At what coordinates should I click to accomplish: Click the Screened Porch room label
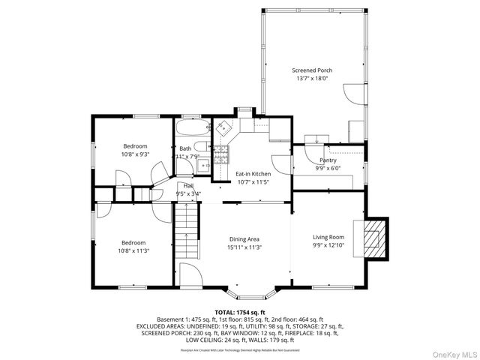[x=312, y=70]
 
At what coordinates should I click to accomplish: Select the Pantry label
[x=328, y=160]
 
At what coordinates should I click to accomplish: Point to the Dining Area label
[x=244, y=239]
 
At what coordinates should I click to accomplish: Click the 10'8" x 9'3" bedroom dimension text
[x=136, y=154]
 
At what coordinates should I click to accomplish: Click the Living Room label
[x=328, y=237]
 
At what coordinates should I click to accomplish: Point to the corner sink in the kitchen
[x=224, y=128]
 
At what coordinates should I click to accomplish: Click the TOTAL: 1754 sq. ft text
[x=240, y=312]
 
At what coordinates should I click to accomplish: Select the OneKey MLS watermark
[x=453, y=351]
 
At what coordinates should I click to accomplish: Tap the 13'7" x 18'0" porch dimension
[x=312, y=78]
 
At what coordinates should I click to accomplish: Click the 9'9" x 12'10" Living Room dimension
[x=328, y=244]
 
